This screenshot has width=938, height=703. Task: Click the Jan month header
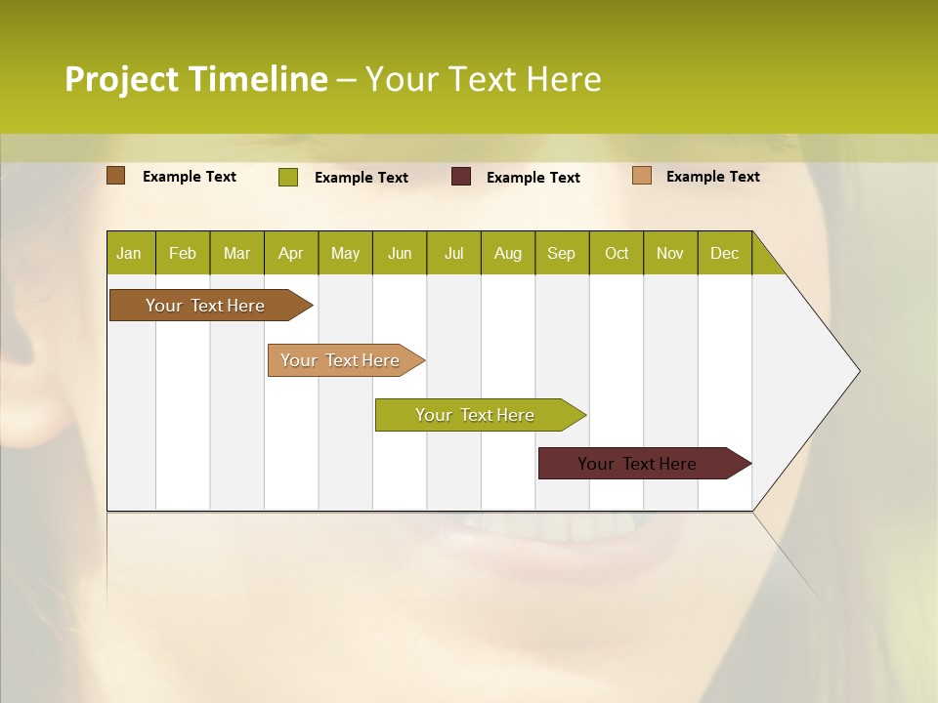[x=129, y=253]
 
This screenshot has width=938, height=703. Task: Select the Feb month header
[x=183, y=253]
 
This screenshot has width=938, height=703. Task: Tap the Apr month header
[x=291, y=253]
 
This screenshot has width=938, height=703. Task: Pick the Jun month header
[x=400, y=253]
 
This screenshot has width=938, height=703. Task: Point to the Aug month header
[x=508, y=253]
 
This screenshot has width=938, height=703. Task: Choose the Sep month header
[x=562, y=253]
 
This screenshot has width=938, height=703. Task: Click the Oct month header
[x=617, y=253]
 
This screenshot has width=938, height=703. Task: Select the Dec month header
[x=725, y=253]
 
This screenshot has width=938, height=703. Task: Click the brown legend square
[x=116, y=176]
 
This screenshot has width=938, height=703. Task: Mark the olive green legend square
[x=288, y=177]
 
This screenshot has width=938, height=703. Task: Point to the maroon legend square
[x=461, y=177]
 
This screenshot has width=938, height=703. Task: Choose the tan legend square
[x=642, y=176]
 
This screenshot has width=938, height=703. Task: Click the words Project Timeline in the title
[x=195, y=79]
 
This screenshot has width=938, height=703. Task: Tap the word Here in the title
[x=564, y=79]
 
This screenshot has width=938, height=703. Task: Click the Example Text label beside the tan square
[x=712, y=177]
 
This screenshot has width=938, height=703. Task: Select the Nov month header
[x=670, y=253]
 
